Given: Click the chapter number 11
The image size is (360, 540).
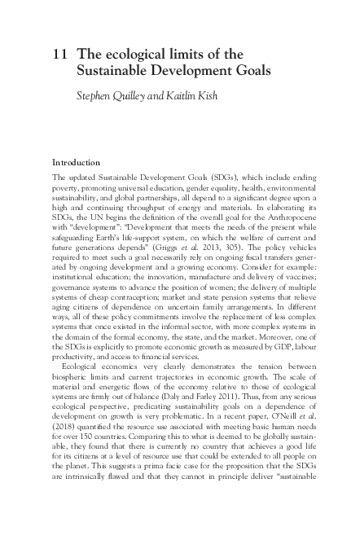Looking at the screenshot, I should [x=58, y=54].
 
